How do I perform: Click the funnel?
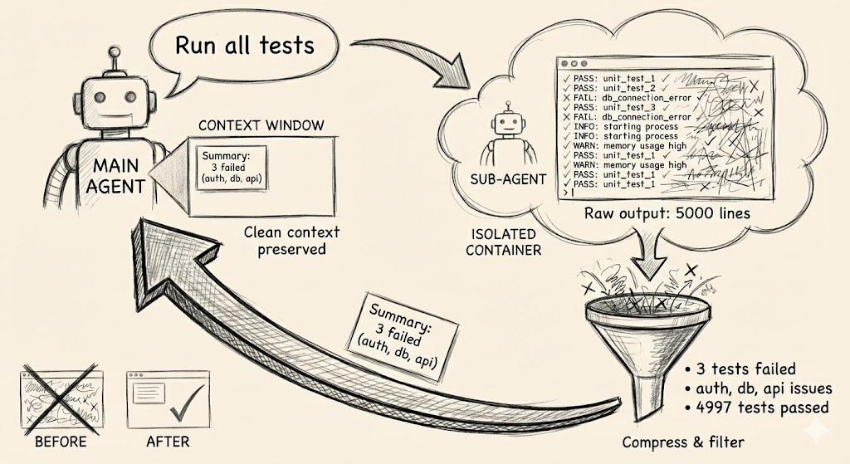tap(645, 332)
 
